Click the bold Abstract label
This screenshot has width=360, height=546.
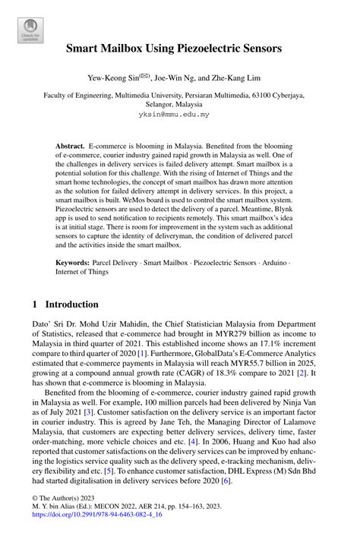pos(71,144)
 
